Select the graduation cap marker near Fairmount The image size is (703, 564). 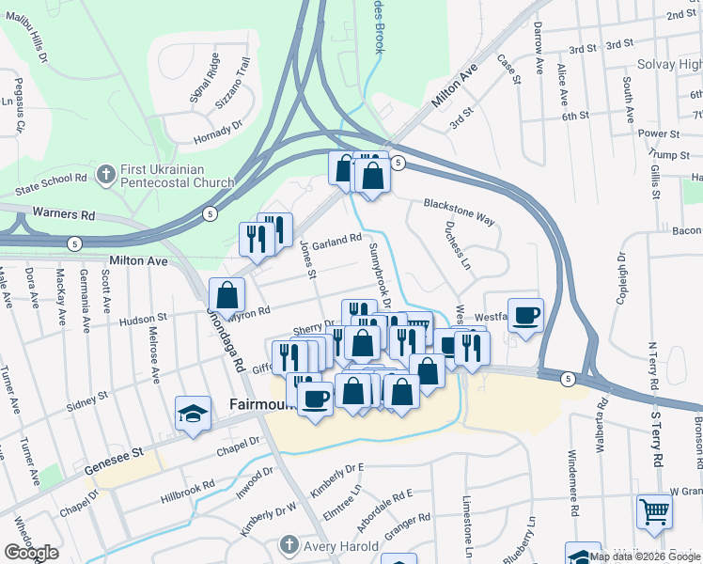pos(193,414)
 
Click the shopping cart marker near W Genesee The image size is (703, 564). pos(654,512)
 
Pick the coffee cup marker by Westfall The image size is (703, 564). pos(525,315)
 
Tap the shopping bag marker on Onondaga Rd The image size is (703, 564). pos(227,294)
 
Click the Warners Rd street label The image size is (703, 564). pos(62,214)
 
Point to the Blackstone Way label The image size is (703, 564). pos(459,211)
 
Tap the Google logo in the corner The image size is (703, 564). pos(31,554)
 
